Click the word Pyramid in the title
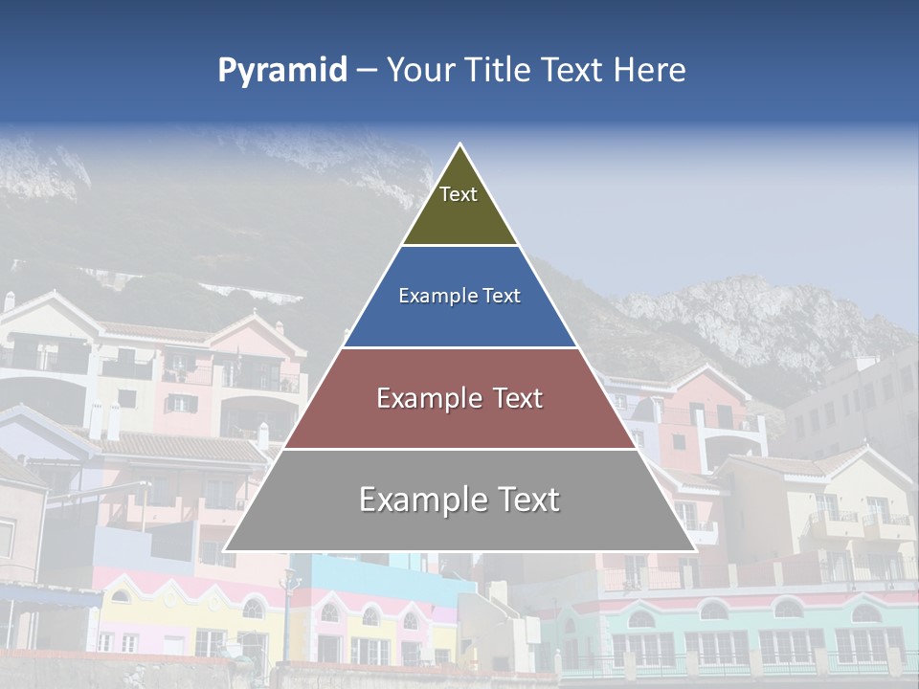281,71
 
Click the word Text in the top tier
459,194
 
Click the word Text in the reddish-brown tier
512,398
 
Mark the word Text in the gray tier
527,500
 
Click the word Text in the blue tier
503,297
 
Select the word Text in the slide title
572,71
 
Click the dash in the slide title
366,71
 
